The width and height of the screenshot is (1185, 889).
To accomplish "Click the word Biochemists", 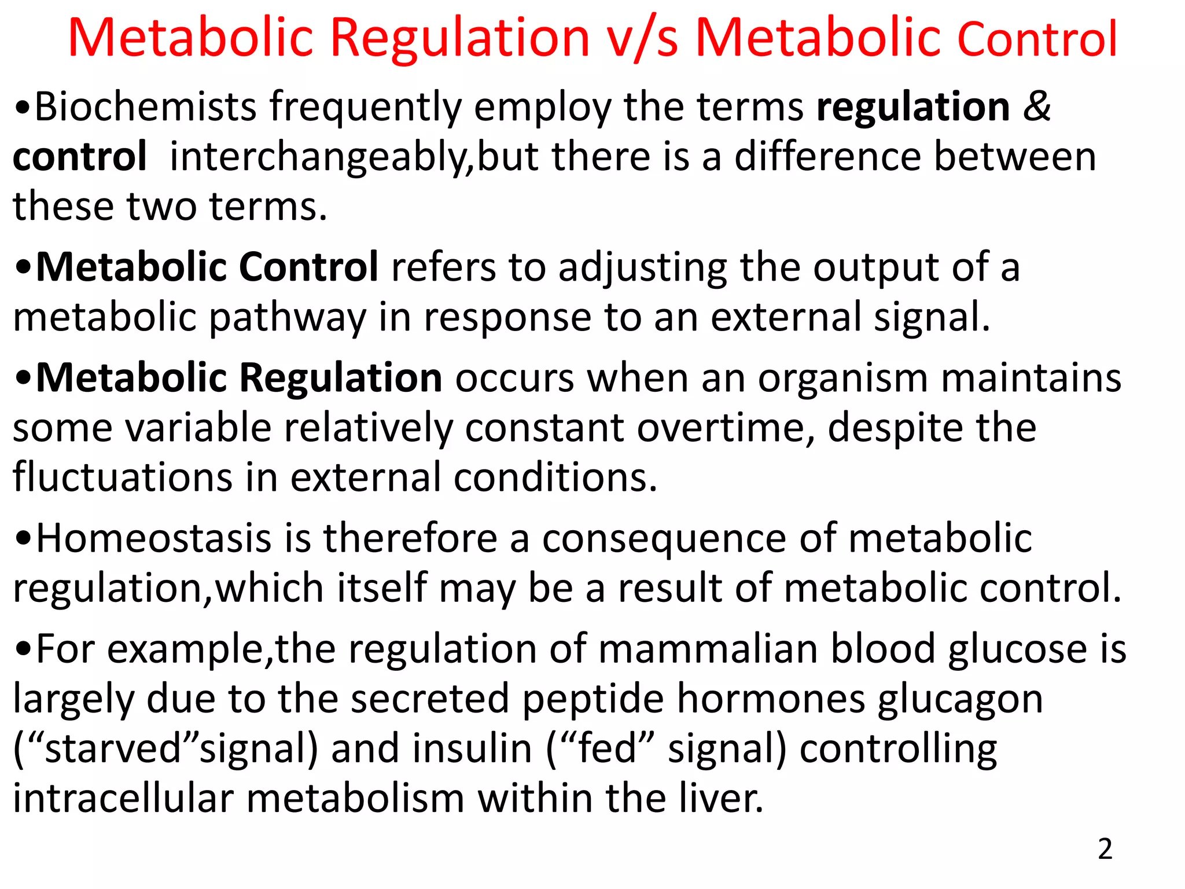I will point(145,107).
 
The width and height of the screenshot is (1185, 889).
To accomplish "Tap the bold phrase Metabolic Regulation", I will point(239,377).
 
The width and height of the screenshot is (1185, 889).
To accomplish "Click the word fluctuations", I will point(122,477).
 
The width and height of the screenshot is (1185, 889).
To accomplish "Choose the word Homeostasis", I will point(154,538).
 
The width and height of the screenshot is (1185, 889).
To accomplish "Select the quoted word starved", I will point(113,748).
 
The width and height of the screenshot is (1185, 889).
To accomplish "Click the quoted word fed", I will point(607,748).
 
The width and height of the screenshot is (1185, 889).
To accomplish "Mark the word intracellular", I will point(123,798).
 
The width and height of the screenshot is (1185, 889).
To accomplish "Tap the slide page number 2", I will point(1105,849).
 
